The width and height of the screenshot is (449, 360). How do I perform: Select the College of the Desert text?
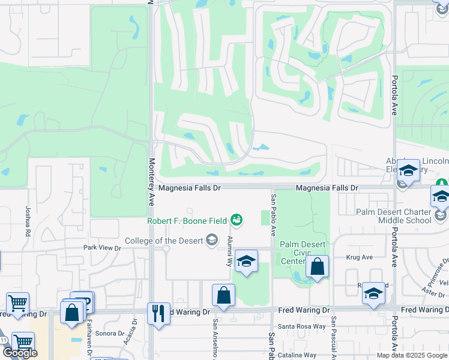(164, 241)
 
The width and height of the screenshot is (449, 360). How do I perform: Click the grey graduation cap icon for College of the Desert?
(211, 241)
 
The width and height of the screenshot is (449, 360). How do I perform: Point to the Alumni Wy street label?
(229, 251)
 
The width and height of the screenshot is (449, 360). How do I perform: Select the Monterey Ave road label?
(152, 182)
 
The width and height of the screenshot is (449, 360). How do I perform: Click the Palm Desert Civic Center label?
(303, 253)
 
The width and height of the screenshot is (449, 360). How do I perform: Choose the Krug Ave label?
(359, 257)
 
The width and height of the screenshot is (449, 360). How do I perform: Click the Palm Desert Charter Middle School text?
(402, 216)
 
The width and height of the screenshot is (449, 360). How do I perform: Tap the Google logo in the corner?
(20, 353)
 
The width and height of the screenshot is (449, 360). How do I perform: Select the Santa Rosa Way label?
(306, 326)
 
